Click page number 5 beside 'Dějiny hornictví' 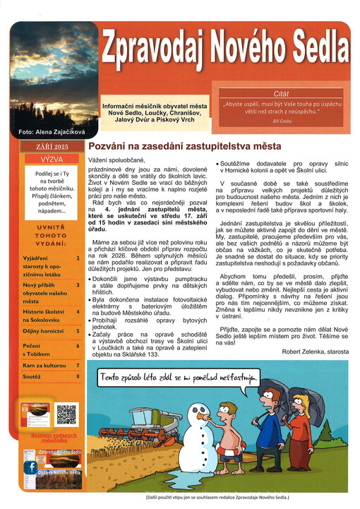click(x=78, y=330)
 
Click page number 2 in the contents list click(x=78, y=258)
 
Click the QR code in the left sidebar click(x=67, y=414)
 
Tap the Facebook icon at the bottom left click(x=31, y=467)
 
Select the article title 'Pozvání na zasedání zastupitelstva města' click(x=184, y=146)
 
